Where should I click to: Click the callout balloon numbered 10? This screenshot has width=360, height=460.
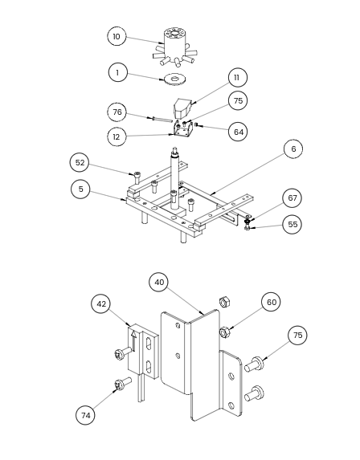point(117,36)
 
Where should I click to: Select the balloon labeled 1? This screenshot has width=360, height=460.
point(118,72)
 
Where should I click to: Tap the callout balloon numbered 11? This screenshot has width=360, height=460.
point(237,77)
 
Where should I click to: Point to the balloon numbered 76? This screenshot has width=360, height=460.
point(117,112)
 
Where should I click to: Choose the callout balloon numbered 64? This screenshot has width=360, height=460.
point(238,132)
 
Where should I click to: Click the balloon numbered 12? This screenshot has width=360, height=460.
point(117,136)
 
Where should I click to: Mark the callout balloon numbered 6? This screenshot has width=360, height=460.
point(293,149)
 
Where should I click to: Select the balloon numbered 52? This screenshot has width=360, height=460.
point(80,162)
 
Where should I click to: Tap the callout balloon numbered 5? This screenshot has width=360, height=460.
point(80,189)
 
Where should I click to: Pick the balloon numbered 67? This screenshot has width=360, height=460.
point(292,198)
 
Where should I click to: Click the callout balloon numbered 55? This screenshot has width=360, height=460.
point(292,225)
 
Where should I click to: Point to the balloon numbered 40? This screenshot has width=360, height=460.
point(159,283)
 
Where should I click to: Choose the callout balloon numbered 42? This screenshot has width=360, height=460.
point(101,304)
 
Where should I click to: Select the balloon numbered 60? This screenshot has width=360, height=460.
point(271,302)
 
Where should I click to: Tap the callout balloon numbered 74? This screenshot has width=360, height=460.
point(85,415)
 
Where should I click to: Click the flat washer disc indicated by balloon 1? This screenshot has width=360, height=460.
point(175,79)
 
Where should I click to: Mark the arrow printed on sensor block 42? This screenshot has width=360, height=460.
point(134,341)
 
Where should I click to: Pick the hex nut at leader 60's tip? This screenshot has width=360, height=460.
point(225,332)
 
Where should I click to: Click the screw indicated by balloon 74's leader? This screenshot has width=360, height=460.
point(123,384)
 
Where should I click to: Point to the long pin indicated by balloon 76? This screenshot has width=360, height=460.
point(162,119)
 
